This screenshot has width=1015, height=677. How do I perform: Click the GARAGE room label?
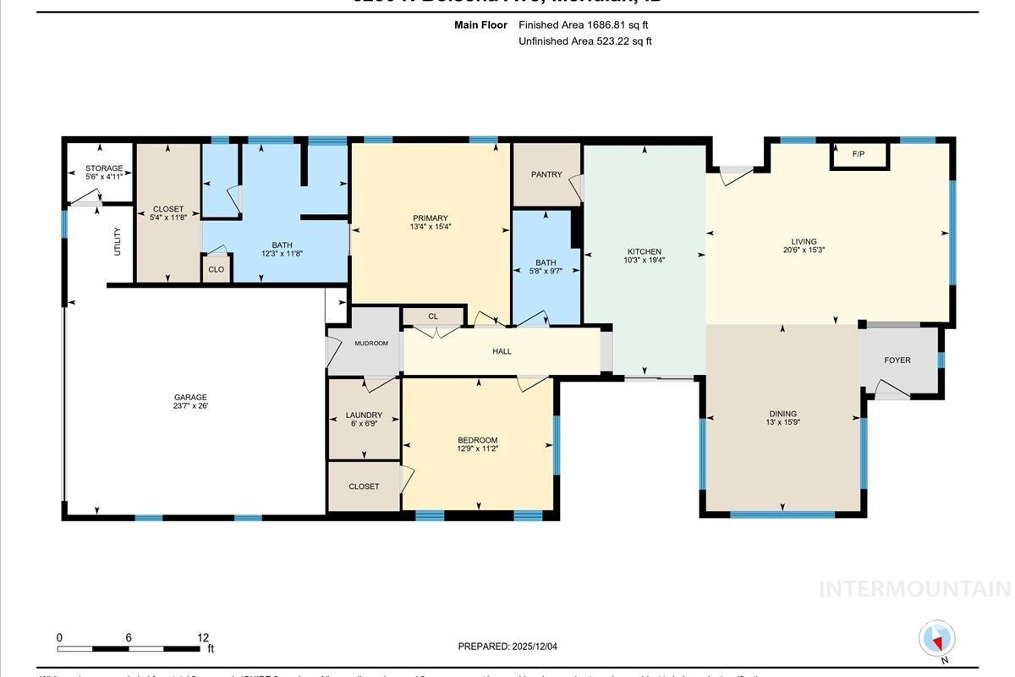[x=190, y=397]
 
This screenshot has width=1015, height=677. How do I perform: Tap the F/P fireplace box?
[x=859, y=155]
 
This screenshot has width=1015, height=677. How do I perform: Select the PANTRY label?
[x=546, y=174]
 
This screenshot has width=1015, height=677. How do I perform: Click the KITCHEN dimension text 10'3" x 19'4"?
[x=644, y=261]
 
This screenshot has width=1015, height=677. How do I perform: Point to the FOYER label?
[x=897, y=361]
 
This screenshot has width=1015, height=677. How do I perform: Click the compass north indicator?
[x=936, y=639]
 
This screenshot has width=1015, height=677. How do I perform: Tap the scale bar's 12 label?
[x=203, y=638]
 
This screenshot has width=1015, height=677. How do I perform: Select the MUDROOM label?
[x=370, y=344]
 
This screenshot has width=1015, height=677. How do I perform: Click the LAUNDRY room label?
[x=364, y=416]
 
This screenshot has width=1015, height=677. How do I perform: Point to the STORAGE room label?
[x=104, y=168]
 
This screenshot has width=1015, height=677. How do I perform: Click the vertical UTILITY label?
[x=118, y=241]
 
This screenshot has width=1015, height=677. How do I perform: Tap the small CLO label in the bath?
[x=216, y=270]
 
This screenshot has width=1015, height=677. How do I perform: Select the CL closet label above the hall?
[x=433, y=316]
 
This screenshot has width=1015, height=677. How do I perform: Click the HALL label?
[x=502, y=351]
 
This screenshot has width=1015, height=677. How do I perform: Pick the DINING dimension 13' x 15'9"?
[x=783, y=424]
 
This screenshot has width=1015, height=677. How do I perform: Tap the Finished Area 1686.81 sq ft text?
[x=583, y=25]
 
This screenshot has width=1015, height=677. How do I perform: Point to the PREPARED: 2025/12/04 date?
[x=507, y=647]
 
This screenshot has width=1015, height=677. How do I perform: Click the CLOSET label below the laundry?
[x=364, y=487]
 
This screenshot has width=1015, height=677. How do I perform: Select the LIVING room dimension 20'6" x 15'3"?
[x=804, y=250]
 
